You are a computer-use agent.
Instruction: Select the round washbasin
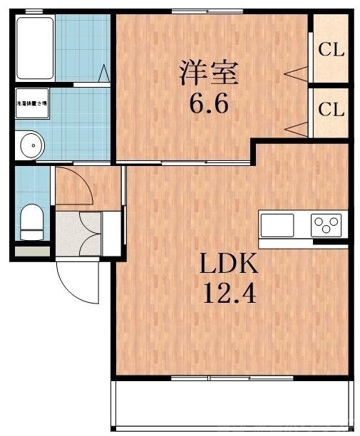pos(31,145)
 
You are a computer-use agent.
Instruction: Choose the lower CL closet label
pos(331,110)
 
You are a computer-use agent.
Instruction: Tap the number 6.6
pos(208,105)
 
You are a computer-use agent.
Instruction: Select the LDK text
pos(227,264)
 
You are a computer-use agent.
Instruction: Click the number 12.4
pos(227,292)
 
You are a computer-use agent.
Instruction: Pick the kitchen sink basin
pos(277,225)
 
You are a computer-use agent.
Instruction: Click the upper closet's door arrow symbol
pos(297,73)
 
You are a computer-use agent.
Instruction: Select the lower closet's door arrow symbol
pos(297,128)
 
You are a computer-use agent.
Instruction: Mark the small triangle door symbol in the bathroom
pos(105,73)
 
